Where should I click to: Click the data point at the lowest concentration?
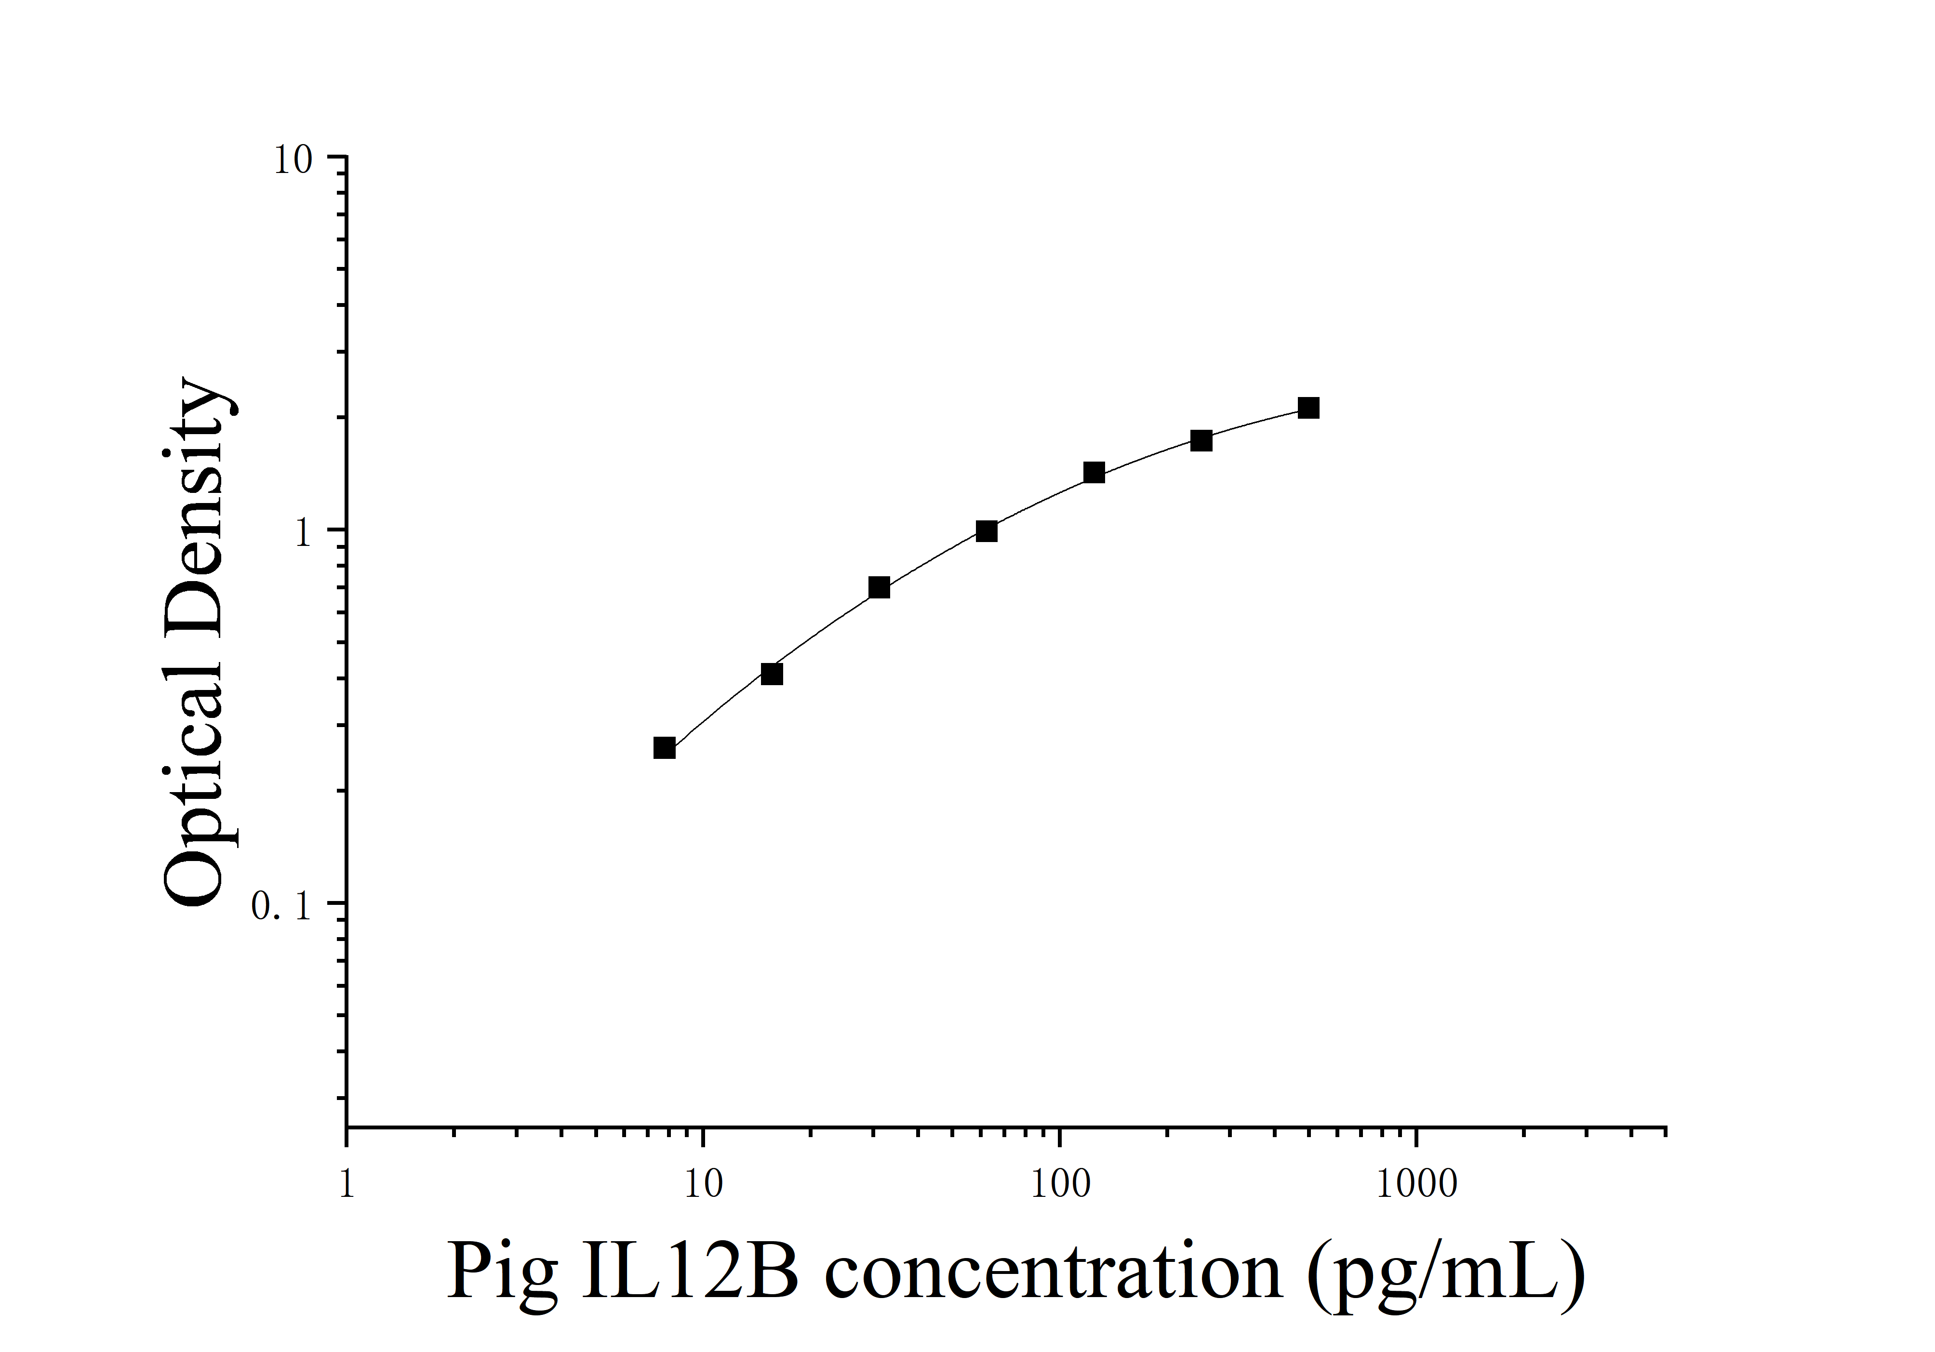point(664,747)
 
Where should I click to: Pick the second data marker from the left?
point(771,674)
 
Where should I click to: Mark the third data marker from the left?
point(879,587)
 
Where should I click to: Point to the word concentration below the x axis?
point(1054,1272)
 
